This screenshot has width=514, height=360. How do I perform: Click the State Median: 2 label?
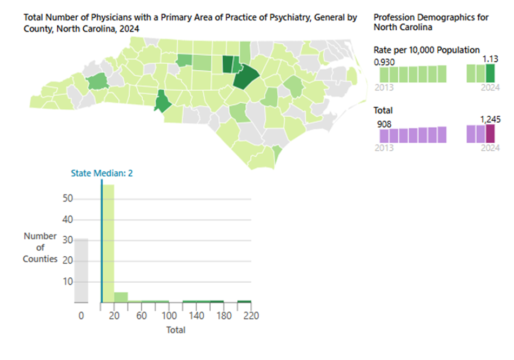[102, 174]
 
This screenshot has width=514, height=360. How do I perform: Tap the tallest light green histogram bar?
[108, 243]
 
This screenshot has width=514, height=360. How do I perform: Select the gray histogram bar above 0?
[81, 270]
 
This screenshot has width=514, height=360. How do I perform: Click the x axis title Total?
[176, 330]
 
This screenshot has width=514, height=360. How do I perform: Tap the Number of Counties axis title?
[40, 248]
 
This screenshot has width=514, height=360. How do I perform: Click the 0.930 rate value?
[384, 62]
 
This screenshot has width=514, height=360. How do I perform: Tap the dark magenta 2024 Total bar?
[490, 134]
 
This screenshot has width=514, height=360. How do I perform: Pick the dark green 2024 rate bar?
[490, 73]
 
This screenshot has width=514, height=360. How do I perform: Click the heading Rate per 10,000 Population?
[426, 50]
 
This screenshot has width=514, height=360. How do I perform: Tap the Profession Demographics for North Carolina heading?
[431, 22]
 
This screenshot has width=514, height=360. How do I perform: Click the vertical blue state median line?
[102, 243]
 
